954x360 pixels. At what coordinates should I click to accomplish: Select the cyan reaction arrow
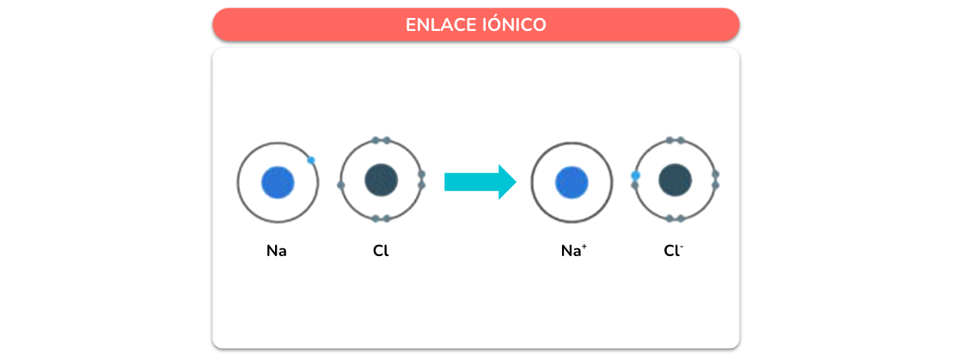[x=480, y=182]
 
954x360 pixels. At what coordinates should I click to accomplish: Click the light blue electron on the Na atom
[x=311, y=161]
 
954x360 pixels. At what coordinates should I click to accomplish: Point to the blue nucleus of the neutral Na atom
[x=278, y=182]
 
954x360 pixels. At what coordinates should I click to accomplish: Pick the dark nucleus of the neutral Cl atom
[x=381, y=180]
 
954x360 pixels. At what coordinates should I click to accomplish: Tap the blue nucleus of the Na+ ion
[x=572, y=182]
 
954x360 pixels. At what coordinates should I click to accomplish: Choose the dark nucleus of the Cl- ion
[x=675, y=180]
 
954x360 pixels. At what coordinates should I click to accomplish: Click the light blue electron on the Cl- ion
[x=635, y=176]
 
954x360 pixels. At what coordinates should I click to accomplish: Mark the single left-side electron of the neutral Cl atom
[x=340, y=185]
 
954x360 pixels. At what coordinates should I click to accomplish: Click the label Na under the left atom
[x=276, y=251]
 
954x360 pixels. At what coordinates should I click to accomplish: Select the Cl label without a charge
[x=381, y=251]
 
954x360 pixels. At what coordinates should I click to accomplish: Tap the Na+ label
[x=574, y=250]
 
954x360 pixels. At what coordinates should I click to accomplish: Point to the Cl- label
[x=674, y=250]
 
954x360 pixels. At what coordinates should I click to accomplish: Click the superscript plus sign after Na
[x=584, y=247]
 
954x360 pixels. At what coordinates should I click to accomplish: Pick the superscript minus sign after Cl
[x=682, y=246]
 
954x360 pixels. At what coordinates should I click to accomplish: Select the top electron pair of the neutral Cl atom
[x=381, y=141]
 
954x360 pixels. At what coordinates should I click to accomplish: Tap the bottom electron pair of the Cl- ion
[x=675, y=218]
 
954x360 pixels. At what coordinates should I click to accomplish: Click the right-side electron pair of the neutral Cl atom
[x=422, y=180]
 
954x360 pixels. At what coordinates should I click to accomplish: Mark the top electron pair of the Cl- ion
[x=675, y=141]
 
